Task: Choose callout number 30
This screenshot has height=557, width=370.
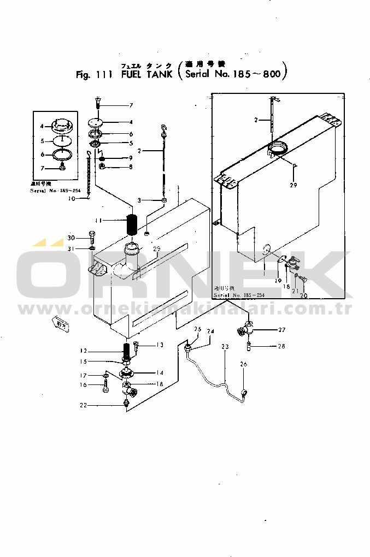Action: [71, 238]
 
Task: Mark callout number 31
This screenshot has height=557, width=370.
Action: [71, 249]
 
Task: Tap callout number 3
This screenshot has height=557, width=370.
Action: [139, 201]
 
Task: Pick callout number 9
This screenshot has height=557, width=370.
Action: [131, 158]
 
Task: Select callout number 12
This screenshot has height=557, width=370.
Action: [83, 351]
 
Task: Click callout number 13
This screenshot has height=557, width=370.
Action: [160, 345]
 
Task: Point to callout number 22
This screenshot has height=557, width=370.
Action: [83, 405]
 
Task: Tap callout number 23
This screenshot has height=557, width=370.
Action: [225, 346]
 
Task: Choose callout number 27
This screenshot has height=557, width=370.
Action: [282, 329]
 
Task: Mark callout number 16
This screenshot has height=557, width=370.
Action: [83, 386]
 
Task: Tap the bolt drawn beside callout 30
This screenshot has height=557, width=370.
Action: [91, 238]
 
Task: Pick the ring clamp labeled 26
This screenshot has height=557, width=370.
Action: [244, 392]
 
